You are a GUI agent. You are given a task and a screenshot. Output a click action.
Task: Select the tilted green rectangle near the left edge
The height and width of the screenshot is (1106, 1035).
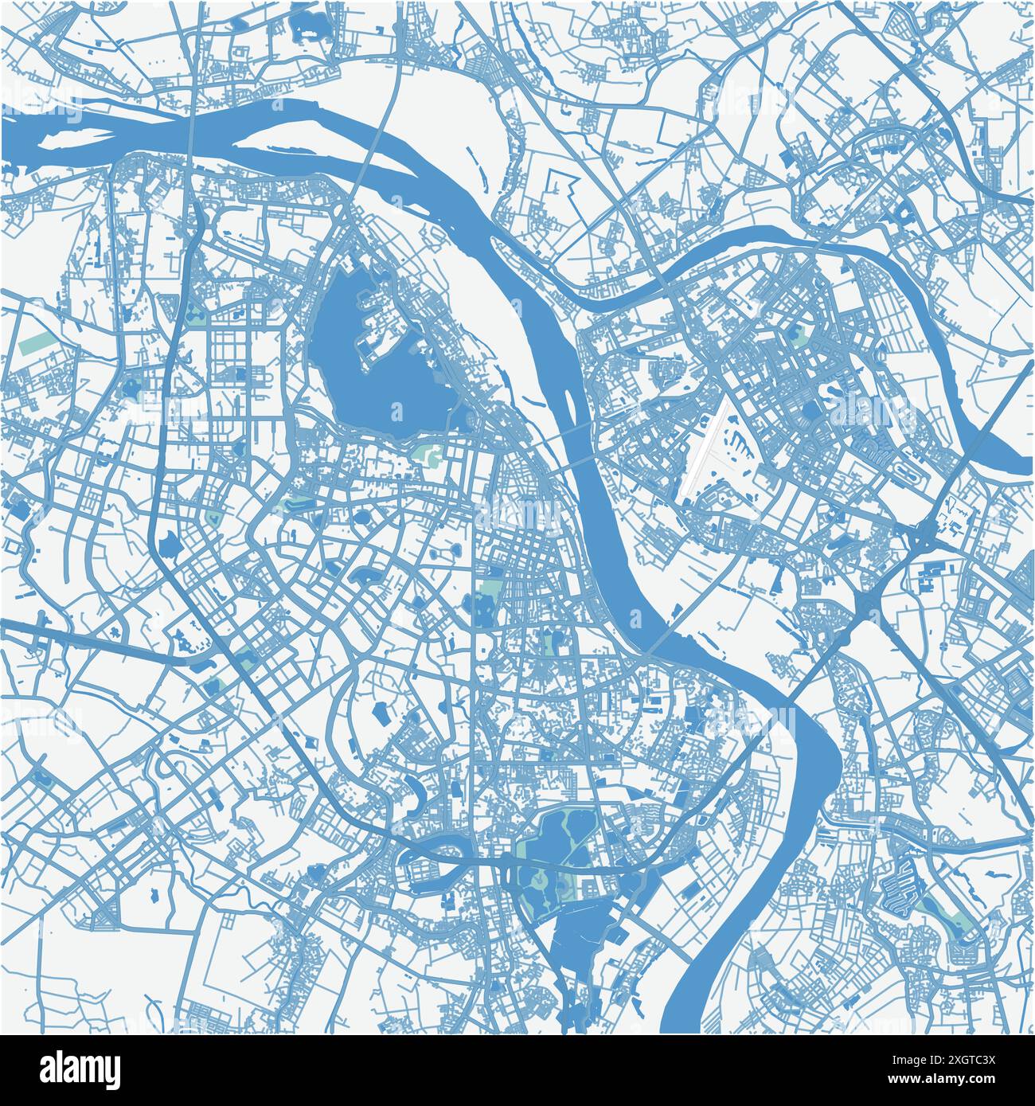33,346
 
